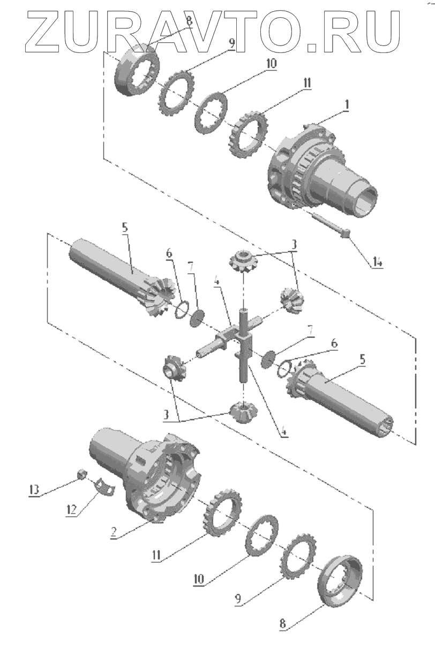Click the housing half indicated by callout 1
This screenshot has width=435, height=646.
click(x=316, y=171)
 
